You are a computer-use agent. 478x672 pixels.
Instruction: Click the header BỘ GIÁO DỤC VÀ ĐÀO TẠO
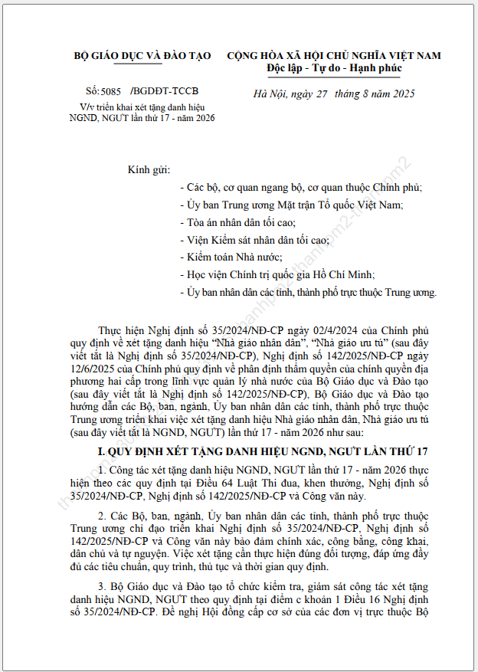[142, 56]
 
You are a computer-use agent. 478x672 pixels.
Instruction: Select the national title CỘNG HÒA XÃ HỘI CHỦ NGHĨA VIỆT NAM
[334, 56]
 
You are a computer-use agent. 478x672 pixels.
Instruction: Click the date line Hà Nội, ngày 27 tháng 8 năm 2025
[334, 94]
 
